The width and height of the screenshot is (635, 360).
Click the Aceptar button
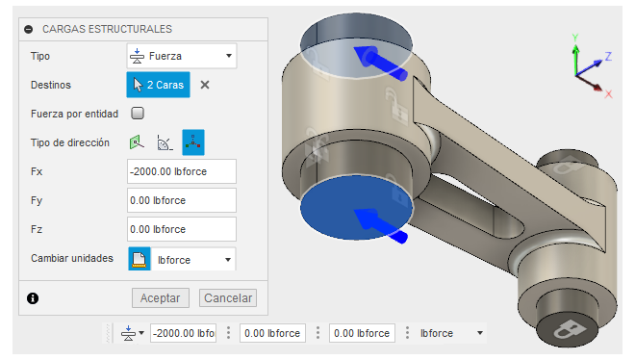point(161,298)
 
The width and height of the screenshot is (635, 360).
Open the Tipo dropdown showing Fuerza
point(182,56)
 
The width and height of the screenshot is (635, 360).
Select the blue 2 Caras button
point(158,85)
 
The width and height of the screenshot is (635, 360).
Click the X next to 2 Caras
point(205,85)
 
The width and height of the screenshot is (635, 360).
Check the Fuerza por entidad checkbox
point(138,114)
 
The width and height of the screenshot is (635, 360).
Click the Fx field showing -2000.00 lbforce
point(182,171)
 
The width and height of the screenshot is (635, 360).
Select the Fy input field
point(182,200)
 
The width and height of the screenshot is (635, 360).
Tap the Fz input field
point(182,229)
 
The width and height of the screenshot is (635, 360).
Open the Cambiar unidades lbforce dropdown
point(193,260)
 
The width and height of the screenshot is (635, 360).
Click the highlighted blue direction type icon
point(193,142)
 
